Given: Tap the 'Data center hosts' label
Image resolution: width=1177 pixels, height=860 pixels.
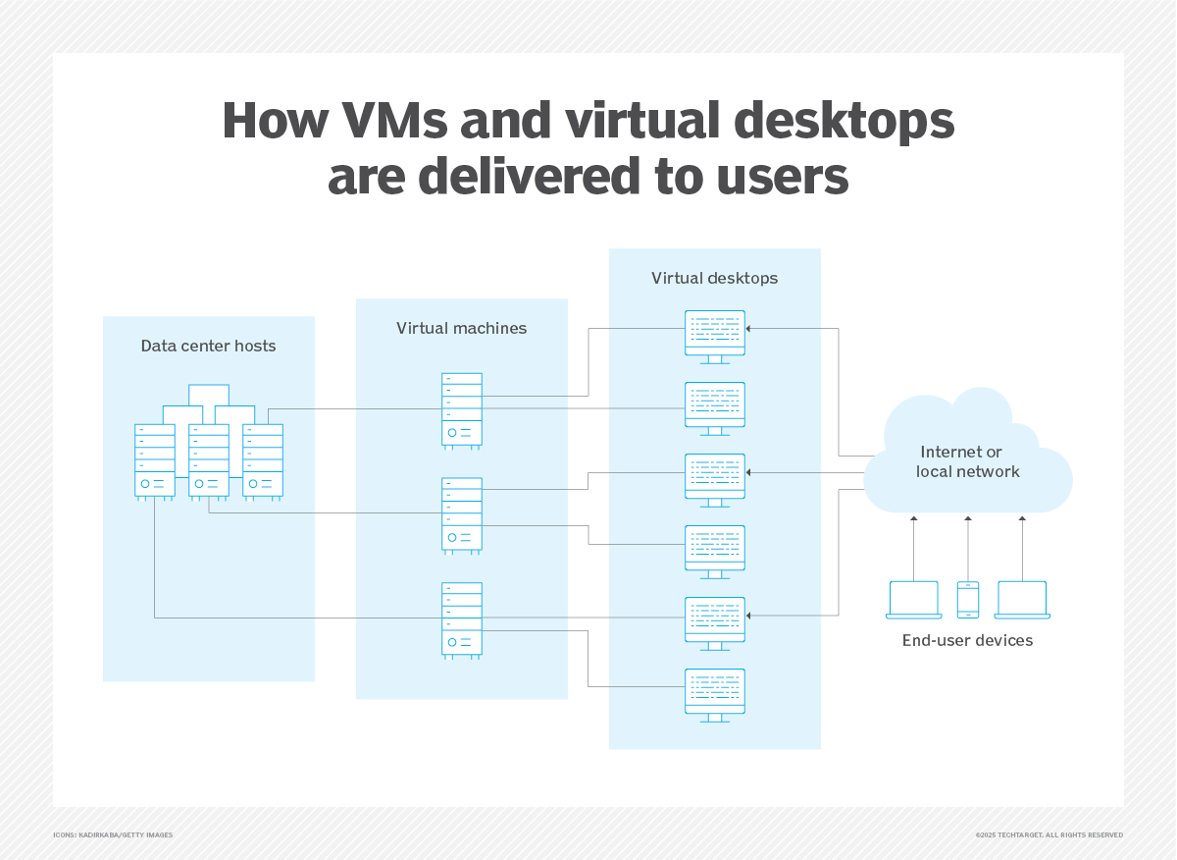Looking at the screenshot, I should click(x=208, y=346).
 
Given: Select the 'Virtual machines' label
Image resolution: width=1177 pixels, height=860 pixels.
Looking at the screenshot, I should click(x=461, y=328).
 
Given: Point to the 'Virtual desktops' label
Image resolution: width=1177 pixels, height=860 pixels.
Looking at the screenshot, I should click(x=714, y=278).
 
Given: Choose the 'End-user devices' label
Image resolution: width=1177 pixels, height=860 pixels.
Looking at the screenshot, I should click(x=967, y=640).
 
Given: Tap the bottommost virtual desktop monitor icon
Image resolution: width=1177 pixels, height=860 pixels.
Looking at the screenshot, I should click(x=715, y=694).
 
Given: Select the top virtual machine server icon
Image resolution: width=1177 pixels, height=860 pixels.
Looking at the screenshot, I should click(x=462, y=409).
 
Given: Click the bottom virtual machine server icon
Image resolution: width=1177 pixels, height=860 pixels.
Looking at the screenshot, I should click(x=462, y=619).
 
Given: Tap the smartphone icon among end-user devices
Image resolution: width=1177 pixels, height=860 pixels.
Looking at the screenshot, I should click(x=968, y=599).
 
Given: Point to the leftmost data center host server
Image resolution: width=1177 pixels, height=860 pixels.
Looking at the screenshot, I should click(x=155, y=460).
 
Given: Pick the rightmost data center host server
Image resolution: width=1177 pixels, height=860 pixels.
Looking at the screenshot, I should click(x=263, y=460).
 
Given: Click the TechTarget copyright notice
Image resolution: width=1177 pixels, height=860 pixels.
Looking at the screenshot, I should click(x=1049, y=834).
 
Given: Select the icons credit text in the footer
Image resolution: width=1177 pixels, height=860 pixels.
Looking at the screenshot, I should click(x=113, y=834).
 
